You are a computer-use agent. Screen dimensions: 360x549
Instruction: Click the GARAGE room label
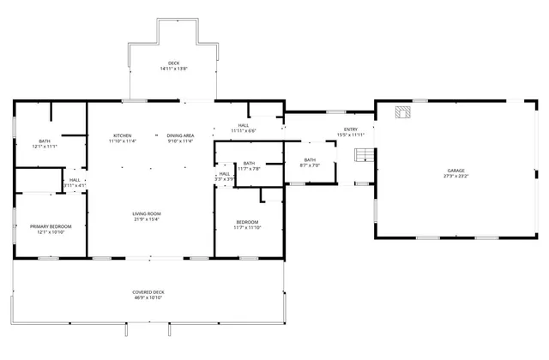(455, 171)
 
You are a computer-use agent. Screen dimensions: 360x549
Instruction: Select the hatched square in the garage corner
(401, 111)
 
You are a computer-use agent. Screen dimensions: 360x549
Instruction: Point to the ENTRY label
(351, 129)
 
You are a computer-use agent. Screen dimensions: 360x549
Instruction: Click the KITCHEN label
(123, 135)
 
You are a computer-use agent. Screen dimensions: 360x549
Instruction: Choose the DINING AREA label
(179, 135)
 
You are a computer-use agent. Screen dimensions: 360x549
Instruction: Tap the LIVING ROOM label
(147, 213)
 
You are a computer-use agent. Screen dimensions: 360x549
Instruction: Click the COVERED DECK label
(148, 292)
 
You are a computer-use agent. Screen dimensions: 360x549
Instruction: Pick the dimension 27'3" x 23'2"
(455, 176)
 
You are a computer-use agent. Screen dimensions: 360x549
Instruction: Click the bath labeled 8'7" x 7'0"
(309, 162)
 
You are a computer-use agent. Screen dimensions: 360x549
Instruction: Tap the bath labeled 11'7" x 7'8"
(249, 165)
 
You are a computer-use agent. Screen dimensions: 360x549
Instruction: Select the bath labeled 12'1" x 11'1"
(45, 144)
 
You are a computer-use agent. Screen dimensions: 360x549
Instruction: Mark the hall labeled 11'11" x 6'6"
(244, 128)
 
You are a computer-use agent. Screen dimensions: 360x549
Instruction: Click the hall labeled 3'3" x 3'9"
(223, 177)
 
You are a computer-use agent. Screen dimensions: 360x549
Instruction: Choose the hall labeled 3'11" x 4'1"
(75, 183)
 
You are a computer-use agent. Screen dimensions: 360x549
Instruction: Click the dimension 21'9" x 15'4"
(147, 219)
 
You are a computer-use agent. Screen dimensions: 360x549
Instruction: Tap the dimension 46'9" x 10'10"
(148, 297)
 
